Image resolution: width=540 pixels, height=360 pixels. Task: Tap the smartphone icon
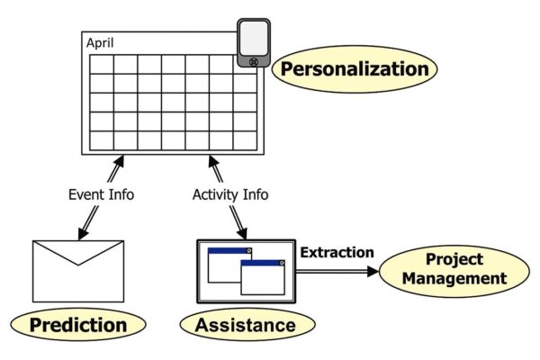click(255, 42)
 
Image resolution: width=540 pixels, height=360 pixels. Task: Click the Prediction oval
click(78, 324)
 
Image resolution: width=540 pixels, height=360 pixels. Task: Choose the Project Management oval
click(454, 269)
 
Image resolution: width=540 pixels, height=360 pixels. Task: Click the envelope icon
click(77, 270)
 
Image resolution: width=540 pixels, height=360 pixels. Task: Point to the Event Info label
click(101, 193)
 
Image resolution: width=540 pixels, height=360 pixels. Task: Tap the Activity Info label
click(230, 193)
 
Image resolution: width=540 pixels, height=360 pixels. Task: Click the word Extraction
click(336, 253)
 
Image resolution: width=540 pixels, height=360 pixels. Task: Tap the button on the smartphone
click(255, 61)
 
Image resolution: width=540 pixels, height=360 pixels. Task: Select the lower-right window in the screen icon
click(263, 279)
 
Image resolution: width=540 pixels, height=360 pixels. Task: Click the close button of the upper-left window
click(250, 250)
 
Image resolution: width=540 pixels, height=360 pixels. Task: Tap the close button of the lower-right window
click(283, 263)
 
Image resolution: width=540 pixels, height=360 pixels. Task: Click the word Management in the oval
click(454, 278)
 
